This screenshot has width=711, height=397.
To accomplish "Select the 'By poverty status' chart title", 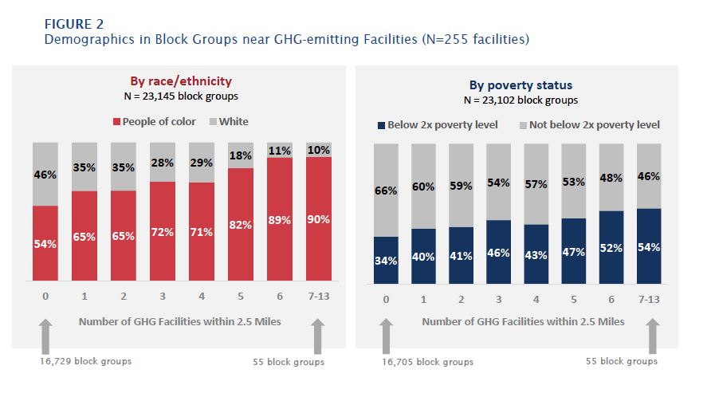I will point(520,85).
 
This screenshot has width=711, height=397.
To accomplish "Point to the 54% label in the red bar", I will point(45,244).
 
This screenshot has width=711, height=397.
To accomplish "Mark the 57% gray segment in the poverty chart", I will point(536,184).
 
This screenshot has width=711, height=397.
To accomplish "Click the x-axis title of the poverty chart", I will point(523,322).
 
